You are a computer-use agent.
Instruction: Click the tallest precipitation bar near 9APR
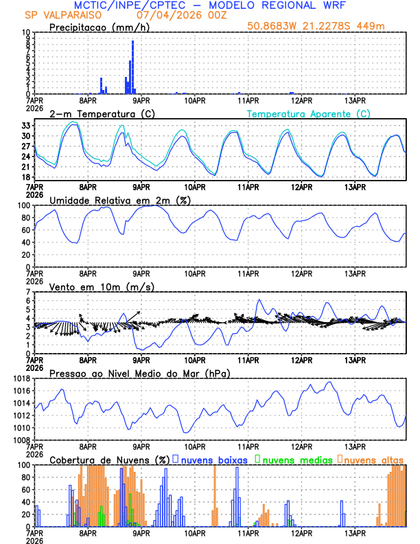coord(132,67)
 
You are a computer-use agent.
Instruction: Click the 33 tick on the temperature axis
coord(25,126)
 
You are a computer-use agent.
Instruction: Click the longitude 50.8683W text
coord(272,26)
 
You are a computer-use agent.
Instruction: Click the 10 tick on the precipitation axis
coord(25,32)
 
